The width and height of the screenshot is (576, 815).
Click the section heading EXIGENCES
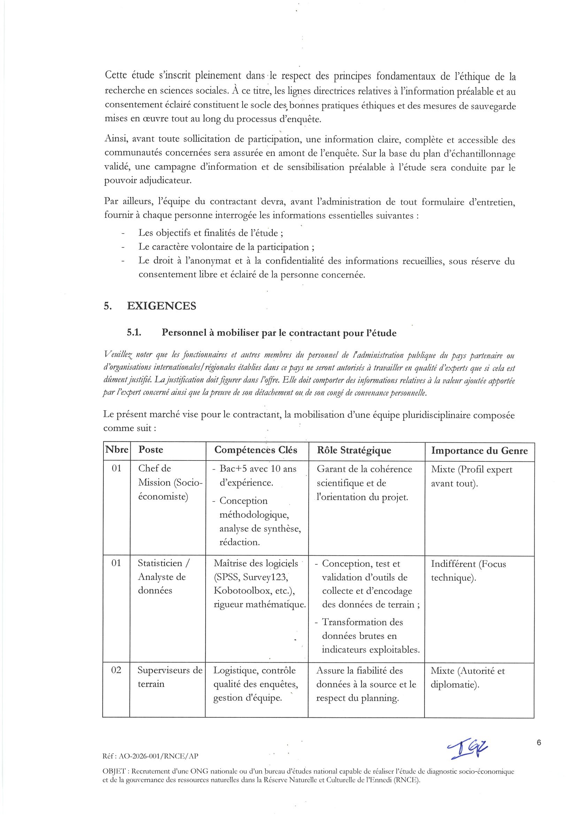(161, 306)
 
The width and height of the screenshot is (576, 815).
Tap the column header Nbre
(116, 450)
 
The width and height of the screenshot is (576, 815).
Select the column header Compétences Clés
(255, 450)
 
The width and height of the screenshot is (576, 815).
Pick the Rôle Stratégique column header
(354, 450)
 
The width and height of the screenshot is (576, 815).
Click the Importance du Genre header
(479, 451)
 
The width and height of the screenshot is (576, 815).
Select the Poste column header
(151, 450)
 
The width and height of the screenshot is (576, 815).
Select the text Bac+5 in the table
(232, 469)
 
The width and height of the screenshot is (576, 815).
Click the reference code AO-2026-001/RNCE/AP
(158, 756)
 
